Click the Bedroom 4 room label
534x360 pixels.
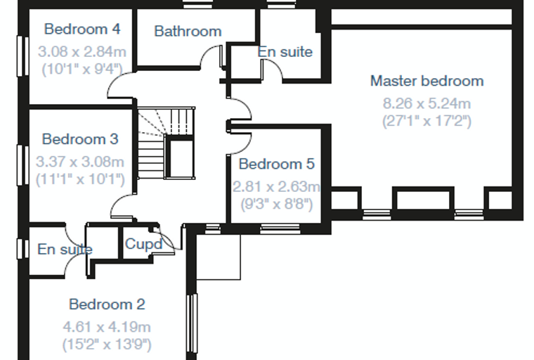click(x=82, y=29)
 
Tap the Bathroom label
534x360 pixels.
click(x=188, y=32)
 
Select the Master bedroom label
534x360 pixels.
click(x=427, y=81)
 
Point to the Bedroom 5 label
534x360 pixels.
click(x=277, y=164)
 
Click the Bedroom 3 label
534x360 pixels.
click(x=80, y=139)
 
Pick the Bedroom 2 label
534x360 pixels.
click(x=107, y=304)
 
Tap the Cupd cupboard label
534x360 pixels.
click(x=144, y=244)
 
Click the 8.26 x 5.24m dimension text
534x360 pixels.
click(x=427, y=103)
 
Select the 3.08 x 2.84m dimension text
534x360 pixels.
click(x=82, y=52)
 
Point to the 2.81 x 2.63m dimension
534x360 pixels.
click(x=277, y=187)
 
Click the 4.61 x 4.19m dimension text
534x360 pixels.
click(x=107, y=327)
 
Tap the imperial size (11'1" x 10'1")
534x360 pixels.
click(x=80, y=179)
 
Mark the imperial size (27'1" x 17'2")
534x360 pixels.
click(x=427, y=121)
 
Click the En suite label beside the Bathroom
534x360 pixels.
click(x=285, y=52)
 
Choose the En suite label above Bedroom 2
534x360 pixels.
click(x=65, y=249)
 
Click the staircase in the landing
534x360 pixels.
click(x=167, y=143)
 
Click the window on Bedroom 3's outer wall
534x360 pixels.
click(x=22, y=165)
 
